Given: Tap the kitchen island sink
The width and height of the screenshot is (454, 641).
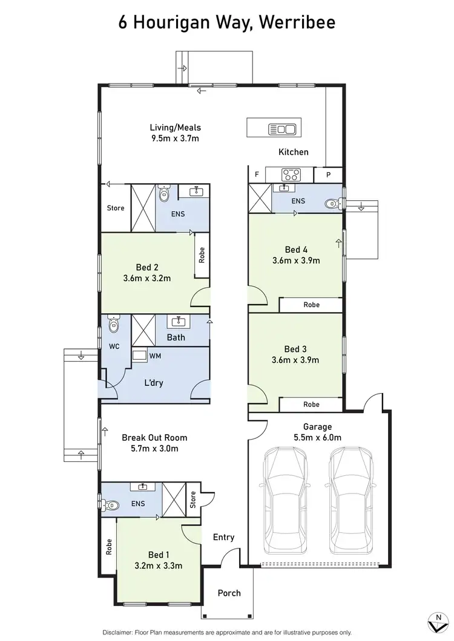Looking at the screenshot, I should (x=281, y=129).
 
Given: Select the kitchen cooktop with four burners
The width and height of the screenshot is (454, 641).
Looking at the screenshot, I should (x=291, y=175).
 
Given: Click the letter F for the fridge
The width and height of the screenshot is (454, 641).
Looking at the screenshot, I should (x=257, y=175).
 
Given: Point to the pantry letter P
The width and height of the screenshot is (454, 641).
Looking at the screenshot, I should (x=329, y=175).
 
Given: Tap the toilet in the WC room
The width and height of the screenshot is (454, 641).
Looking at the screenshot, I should (x=113, y=325).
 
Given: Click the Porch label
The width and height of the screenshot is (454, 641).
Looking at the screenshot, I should (x=229, y=593).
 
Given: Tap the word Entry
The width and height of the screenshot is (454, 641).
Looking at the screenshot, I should (x=223, y=537).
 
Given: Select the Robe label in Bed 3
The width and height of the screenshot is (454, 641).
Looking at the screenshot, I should (x=311, y=404).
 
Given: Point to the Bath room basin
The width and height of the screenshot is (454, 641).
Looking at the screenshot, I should (x=179, y=321).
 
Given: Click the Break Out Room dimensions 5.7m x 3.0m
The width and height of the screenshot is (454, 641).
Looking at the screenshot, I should (x=154, y=449).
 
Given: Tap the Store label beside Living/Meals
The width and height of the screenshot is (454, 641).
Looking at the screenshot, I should (x=116, y=208).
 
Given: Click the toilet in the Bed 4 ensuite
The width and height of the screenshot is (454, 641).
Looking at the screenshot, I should (x=332, y=204).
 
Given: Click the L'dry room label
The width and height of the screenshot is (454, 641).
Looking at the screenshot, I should (x=153, y=383).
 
